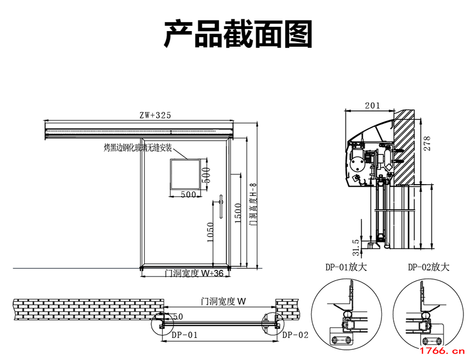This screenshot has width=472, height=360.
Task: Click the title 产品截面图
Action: tap(238, 34)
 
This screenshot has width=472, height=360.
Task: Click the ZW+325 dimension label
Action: tap(155, 115)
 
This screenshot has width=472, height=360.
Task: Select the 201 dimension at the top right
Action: tap(372, 106)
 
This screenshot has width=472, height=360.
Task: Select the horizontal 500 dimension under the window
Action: tap(188, 195)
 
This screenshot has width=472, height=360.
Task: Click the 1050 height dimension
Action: tap(210, 232)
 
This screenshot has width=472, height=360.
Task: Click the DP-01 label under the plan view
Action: tap(185, 335)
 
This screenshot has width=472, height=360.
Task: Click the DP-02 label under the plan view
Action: tap(295, 335)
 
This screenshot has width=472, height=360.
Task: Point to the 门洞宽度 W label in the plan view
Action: tap(222, 302)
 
